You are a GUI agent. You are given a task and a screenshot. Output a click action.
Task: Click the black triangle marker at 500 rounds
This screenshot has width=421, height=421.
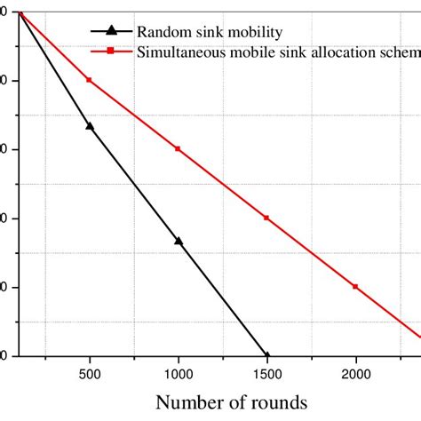click(x=89, y=126)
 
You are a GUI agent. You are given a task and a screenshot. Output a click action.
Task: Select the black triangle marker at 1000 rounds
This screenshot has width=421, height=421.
click(x=178, y=241)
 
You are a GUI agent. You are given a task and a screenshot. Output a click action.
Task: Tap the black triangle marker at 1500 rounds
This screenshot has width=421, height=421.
click(x=266, y=354)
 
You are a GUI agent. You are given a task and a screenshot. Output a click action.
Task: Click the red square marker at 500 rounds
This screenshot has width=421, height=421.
click(x=89, y=80)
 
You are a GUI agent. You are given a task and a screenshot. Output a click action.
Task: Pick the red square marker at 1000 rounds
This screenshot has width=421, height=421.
click(x=178, y=148)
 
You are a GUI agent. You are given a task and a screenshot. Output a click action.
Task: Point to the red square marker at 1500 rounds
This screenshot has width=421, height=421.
click(x=266, y=218)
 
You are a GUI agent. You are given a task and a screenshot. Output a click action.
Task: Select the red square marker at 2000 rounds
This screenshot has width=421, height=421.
click(x=355, y=287)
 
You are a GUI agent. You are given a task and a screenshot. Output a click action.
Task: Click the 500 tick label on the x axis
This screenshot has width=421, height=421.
click(x=89, y=375)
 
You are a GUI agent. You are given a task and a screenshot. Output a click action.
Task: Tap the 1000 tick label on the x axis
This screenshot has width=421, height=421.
click(x=178, y=375)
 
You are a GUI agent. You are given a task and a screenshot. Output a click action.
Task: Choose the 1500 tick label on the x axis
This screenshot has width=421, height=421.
click(x=266, y=375)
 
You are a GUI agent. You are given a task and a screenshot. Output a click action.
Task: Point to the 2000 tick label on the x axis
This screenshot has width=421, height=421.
click(x=355, y=375)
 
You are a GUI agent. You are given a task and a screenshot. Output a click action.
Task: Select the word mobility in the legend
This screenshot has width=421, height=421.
click(x=252, y=33)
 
